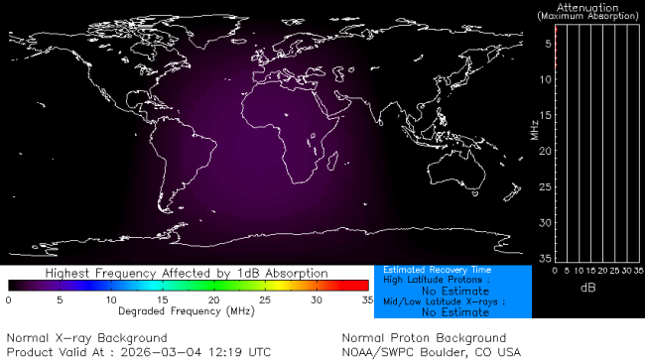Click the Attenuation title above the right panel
tap(589, 7)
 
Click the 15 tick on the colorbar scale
tap(163, 299)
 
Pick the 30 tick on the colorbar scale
tap(317, 299)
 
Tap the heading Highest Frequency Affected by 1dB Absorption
tap(188, 272)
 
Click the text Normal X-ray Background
tap(73, 338)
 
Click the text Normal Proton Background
tap(423, 338)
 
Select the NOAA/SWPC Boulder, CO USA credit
tap(431, 351)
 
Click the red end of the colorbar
tap(363, 286)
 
